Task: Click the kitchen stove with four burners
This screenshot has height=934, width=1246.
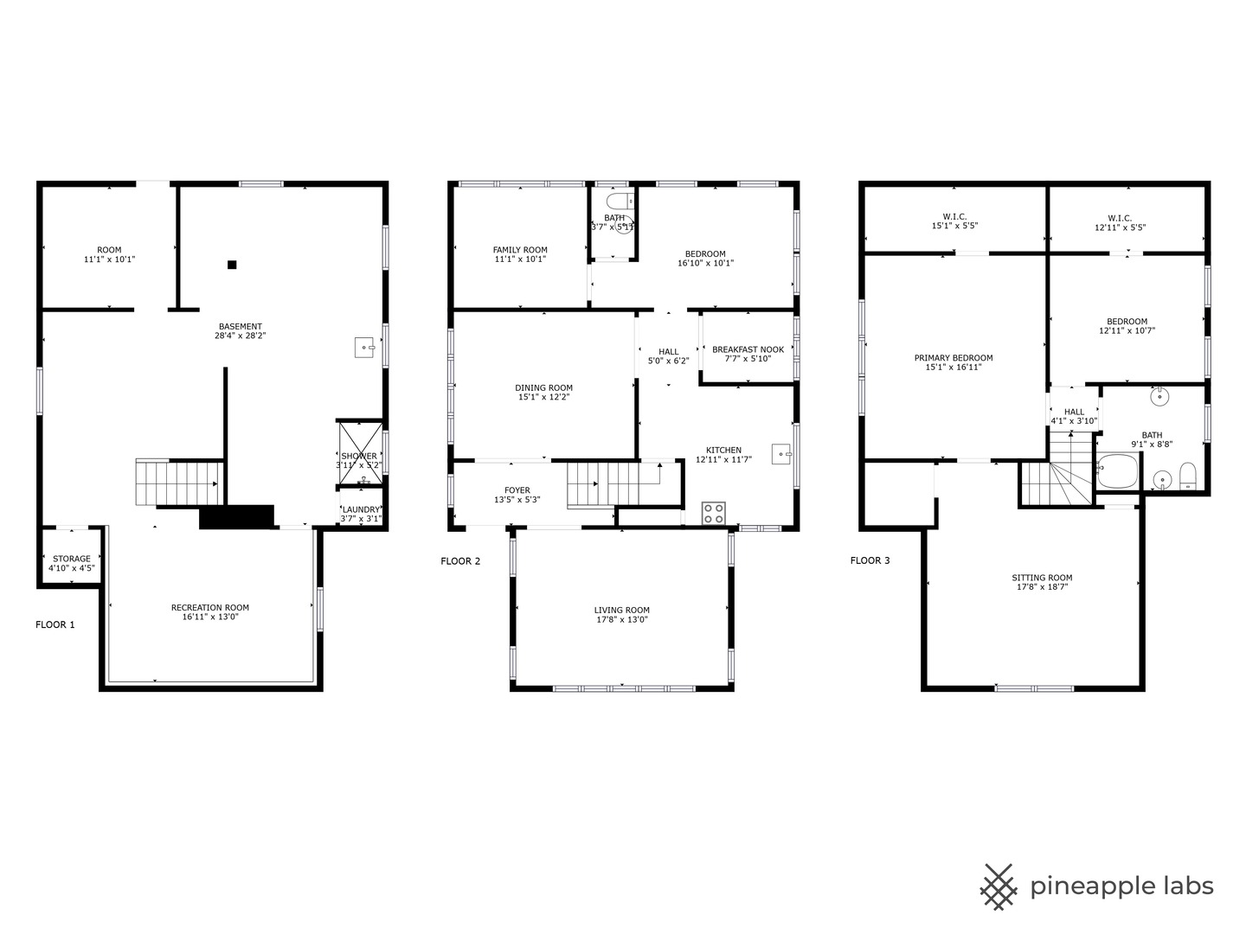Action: (714, 513)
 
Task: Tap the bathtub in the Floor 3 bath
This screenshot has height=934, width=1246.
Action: (1117, 470)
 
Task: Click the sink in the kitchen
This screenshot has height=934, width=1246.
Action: (781, 454)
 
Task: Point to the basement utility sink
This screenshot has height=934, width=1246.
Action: (364, 347)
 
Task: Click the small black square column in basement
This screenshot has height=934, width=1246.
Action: (232, 265)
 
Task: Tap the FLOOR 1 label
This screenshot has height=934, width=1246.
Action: (55, 624)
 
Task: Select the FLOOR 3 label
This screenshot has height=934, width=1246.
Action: (870, 560)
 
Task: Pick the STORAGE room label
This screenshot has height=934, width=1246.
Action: (72, 559)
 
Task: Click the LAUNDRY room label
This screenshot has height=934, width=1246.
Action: (361, 510)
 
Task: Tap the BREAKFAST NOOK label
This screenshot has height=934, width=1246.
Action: (748, 349)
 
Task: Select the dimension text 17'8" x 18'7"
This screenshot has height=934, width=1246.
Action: (1042, 587)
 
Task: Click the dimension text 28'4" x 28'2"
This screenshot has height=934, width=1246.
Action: (241, 336)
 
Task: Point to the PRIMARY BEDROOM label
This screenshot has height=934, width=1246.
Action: (953, 358)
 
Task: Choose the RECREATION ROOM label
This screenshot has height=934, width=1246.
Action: (210, 607)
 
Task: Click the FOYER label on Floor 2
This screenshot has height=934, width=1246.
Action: (517, 490)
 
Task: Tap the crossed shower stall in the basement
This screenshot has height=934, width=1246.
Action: (361, 452)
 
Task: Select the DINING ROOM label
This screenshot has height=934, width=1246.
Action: (543, 388)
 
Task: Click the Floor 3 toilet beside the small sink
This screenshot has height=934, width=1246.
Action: (1187, 476)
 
